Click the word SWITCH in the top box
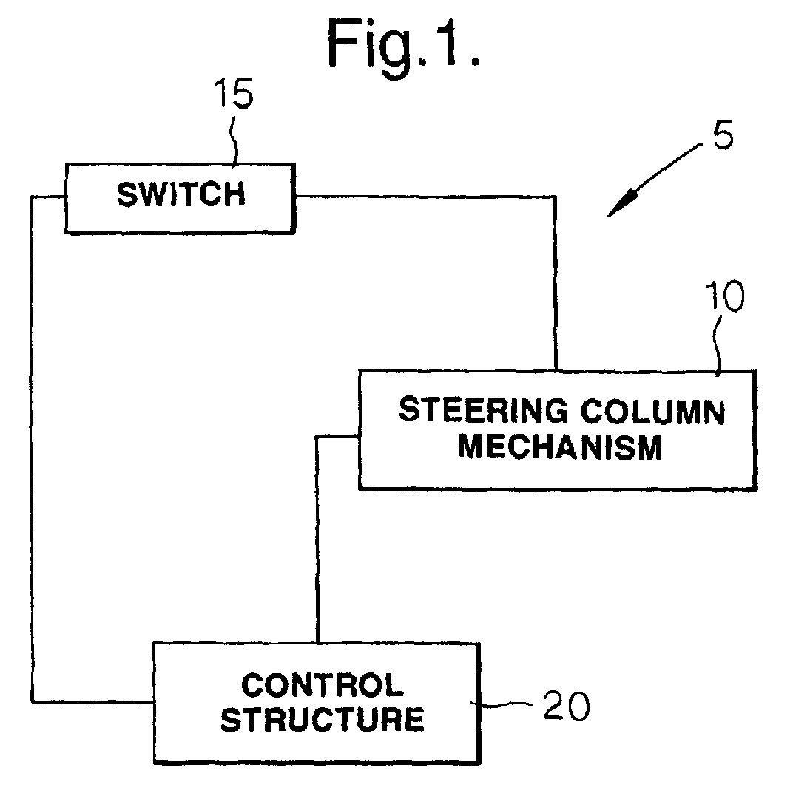[181, 195]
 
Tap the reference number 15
[234, 93]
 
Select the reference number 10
[723, 296]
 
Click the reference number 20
[567, 706]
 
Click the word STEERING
[484, 410]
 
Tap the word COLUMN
[652, 411]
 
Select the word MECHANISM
[560, 446]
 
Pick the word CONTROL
[323, 686]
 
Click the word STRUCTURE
[323, 720]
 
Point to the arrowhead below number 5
[622, 205]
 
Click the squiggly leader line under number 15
[235, 140]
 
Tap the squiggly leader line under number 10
[718, 344]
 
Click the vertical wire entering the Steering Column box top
[556, 282]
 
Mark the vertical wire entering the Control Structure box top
[317, 539]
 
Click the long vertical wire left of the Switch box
[32, 449]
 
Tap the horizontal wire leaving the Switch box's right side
[425, 197]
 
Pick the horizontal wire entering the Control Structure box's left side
[92, 701]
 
